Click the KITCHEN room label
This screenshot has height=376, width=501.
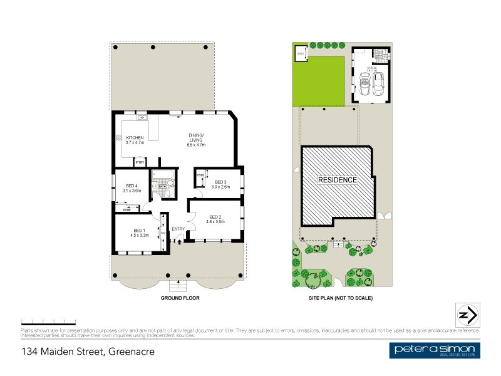click(135, 137)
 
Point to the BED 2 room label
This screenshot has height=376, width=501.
click(215, 217)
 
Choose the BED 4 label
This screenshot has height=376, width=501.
click(132, 185)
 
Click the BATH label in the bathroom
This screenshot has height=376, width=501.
click(161, 186)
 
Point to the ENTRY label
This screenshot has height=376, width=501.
click(178, 228)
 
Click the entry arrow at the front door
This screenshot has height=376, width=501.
click(180, 241)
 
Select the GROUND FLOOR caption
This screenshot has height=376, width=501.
click(180, 298)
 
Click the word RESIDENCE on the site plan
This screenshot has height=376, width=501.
click(338, 180)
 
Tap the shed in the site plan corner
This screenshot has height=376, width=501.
click(301, 53)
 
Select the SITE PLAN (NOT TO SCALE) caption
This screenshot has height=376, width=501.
click(341, 298)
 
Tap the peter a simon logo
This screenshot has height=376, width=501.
click(434, 351)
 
